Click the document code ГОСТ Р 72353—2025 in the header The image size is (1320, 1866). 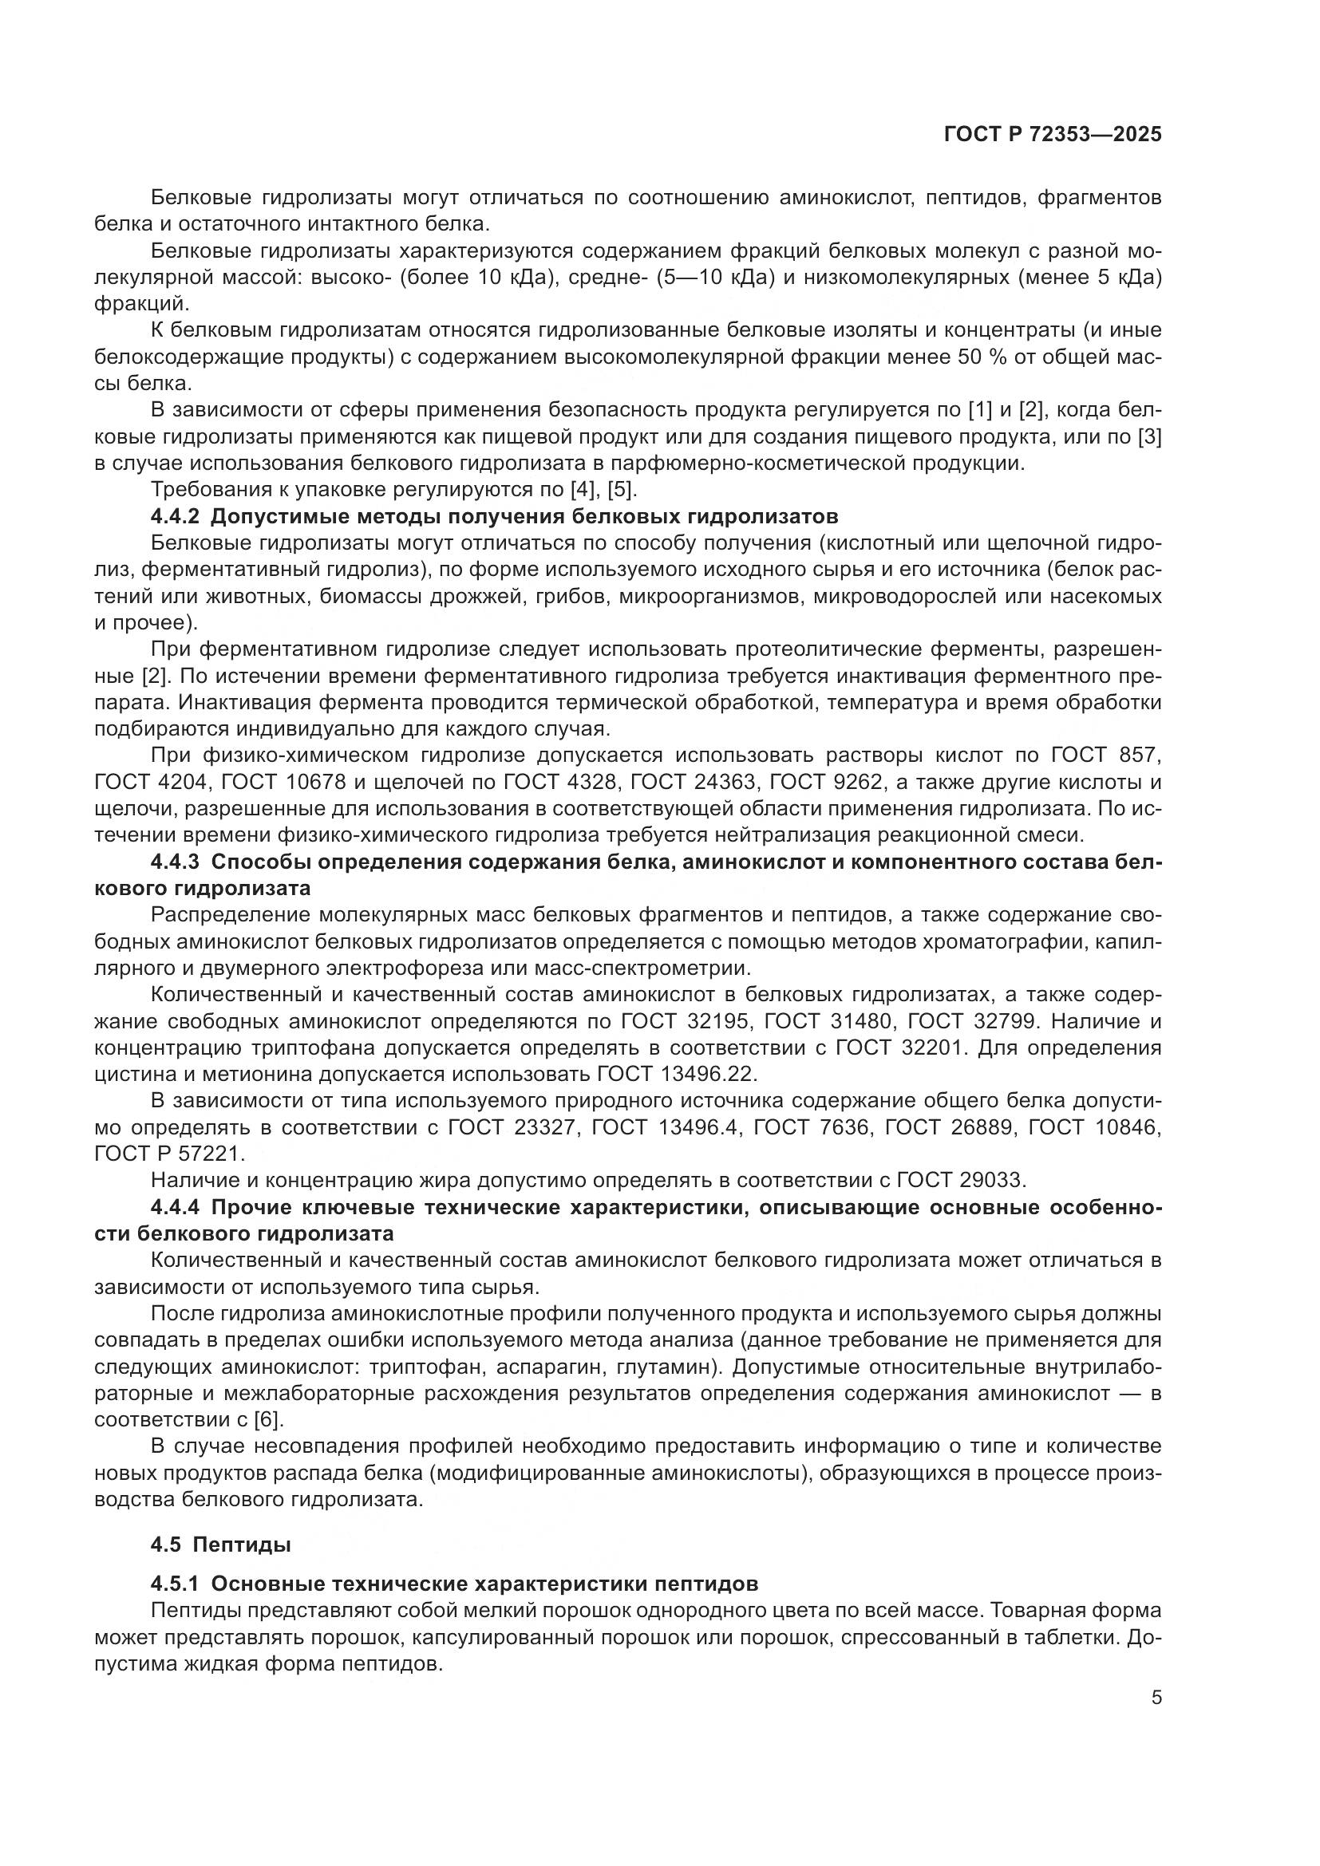[x=1053, y=135]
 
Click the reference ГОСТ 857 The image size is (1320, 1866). [x=1106, y=755]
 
